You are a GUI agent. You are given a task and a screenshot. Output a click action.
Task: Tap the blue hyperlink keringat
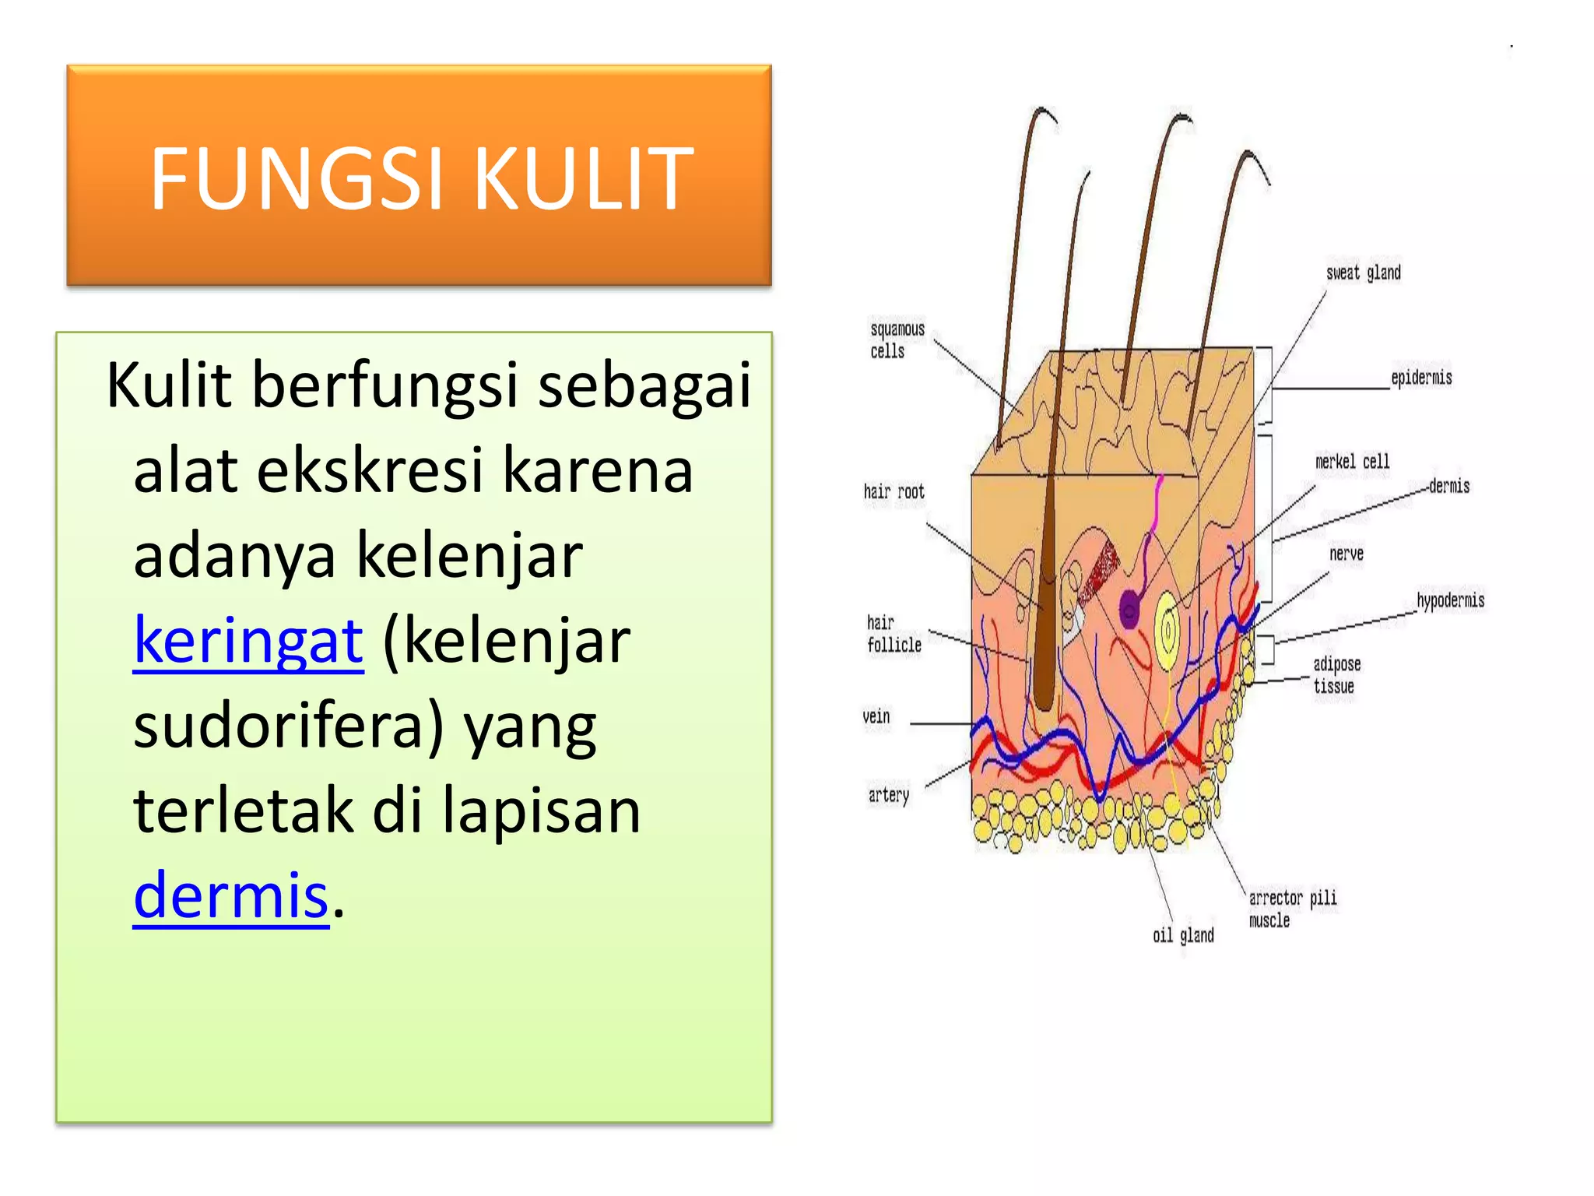coord(248,641)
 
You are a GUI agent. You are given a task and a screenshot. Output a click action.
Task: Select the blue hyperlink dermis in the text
coord(231,895)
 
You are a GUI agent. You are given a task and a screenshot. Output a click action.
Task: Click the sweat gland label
coord(1363,273)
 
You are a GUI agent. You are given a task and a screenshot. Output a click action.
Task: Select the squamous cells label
coord(897,340)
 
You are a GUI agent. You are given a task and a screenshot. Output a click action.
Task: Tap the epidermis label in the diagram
coord(1421,378)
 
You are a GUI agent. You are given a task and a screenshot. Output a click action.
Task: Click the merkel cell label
coord(1352,462)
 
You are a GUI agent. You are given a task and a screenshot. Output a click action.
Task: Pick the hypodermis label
coord(1450,600)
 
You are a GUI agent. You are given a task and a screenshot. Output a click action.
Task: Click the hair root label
coord(894,492)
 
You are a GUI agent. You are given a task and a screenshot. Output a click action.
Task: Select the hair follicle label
coord(894,634)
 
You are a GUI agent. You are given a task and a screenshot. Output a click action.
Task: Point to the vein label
coord(876,716)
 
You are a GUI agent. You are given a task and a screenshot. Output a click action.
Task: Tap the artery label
coord(888,795)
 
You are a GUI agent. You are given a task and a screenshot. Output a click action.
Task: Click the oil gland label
coord(1182,935)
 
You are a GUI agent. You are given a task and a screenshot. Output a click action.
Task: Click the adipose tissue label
coord(1336,675)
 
